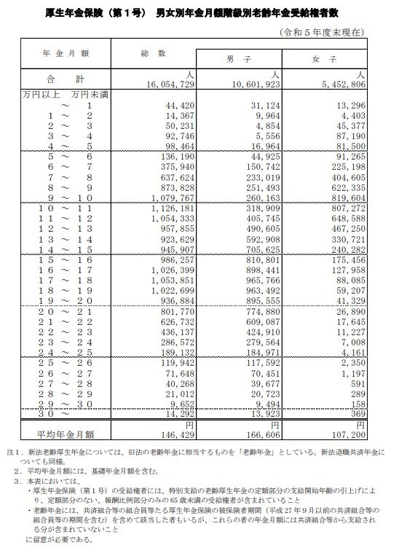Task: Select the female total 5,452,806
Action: pyautogui.click(x=348, y=85)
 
